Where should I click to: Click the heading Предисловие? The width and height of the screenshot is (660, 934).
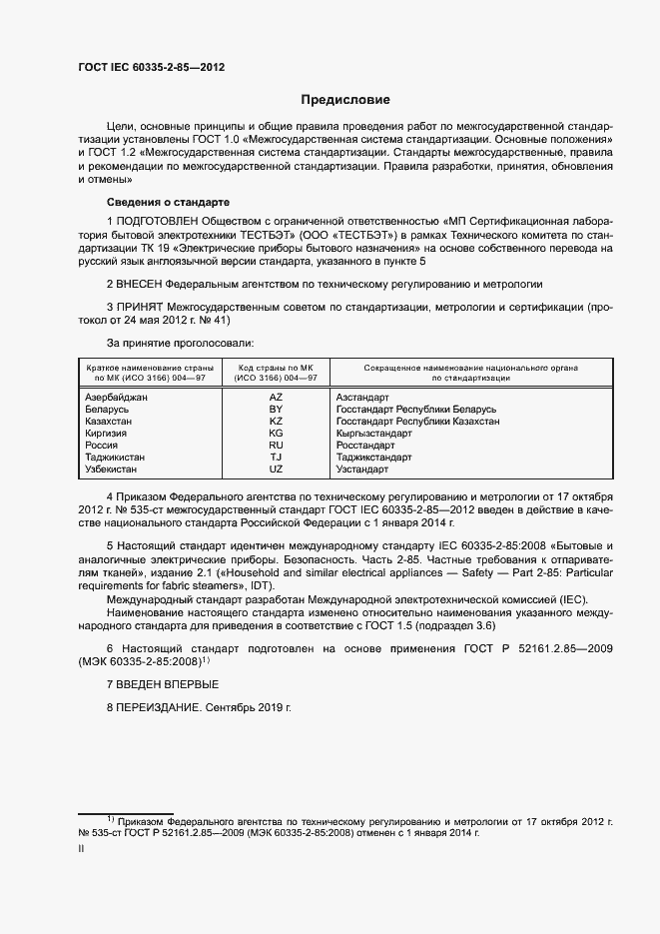(345, 100)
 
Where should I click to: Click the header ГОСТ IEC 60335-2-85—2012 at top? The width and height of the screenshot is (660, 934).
(151, 67)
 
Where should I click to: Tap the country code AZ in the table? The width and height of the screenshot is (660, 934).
(276, 397)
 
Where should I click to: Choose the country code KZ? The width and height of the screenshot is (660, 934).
(276, 421)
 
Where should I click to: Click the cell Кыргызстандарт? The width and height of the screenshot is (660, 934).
(374, 433)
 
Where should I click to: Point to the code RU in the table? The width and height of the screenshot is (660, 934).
(276, 445)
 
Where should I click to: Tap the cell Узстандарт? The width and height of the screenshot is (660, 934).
(362, 468)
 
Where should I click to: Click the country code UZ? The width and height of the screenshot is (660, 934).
(276, 468)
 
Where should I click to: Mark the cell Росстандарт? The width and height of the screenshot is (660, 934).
(366, 445)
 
